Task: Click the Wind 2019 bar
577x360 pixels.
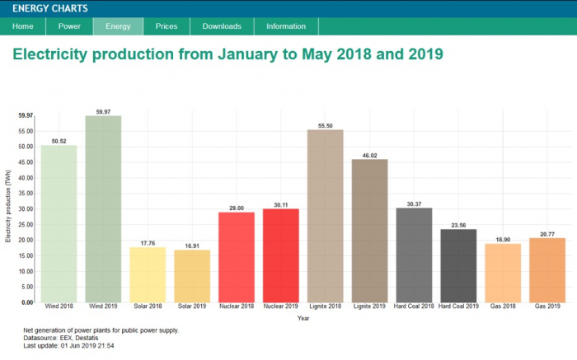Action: click(x=103, y=209)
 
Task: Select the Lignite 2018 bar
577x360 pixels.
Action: click(x=326, y=216)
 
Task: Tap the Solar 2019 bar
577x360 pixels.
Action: click(x=192, y=276)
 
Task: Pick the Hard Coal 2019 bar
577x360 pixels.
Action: click(x=458, y=266)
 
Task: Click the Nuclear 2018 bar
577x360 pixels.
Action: click(x=237, y=257)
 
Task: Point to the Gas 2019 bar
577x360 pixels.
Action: click(x=547, y=270)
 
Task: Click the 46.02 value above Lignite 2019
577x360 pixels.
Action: click(x=370, y=156)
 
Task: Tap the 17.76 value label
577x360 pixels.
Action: click(x=148, y=243)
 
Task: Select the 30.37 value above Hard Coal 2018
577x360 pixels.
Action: click(x=414, y=204)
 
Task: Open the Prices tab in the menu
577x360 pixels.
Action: click(x=167, y=26)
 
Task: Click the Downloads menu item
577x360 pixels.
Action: click(x=222, y=26)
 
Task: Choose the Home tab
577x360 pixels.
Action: click(x=23, y=26)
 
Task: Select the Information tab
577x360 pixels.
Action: click(x=286, y=26)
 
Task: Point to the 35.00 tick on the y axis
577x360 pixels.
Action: click(x=26, y=194)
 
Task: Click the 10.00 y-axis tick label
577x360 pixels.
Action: click(x=26, y=271)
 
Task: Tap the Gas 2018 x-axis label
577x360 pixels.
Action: click(x=503, y=306)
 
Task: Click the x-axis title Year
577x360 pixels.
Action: click(x=303, y=318)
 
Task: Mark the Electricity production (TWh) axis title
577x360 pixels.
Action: click(x=8, y=206)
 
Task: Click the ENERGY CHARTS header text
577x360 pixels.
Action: click(x=50, y=8)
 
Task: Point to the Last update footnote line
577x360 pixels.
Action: click(x=68, y=346)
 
